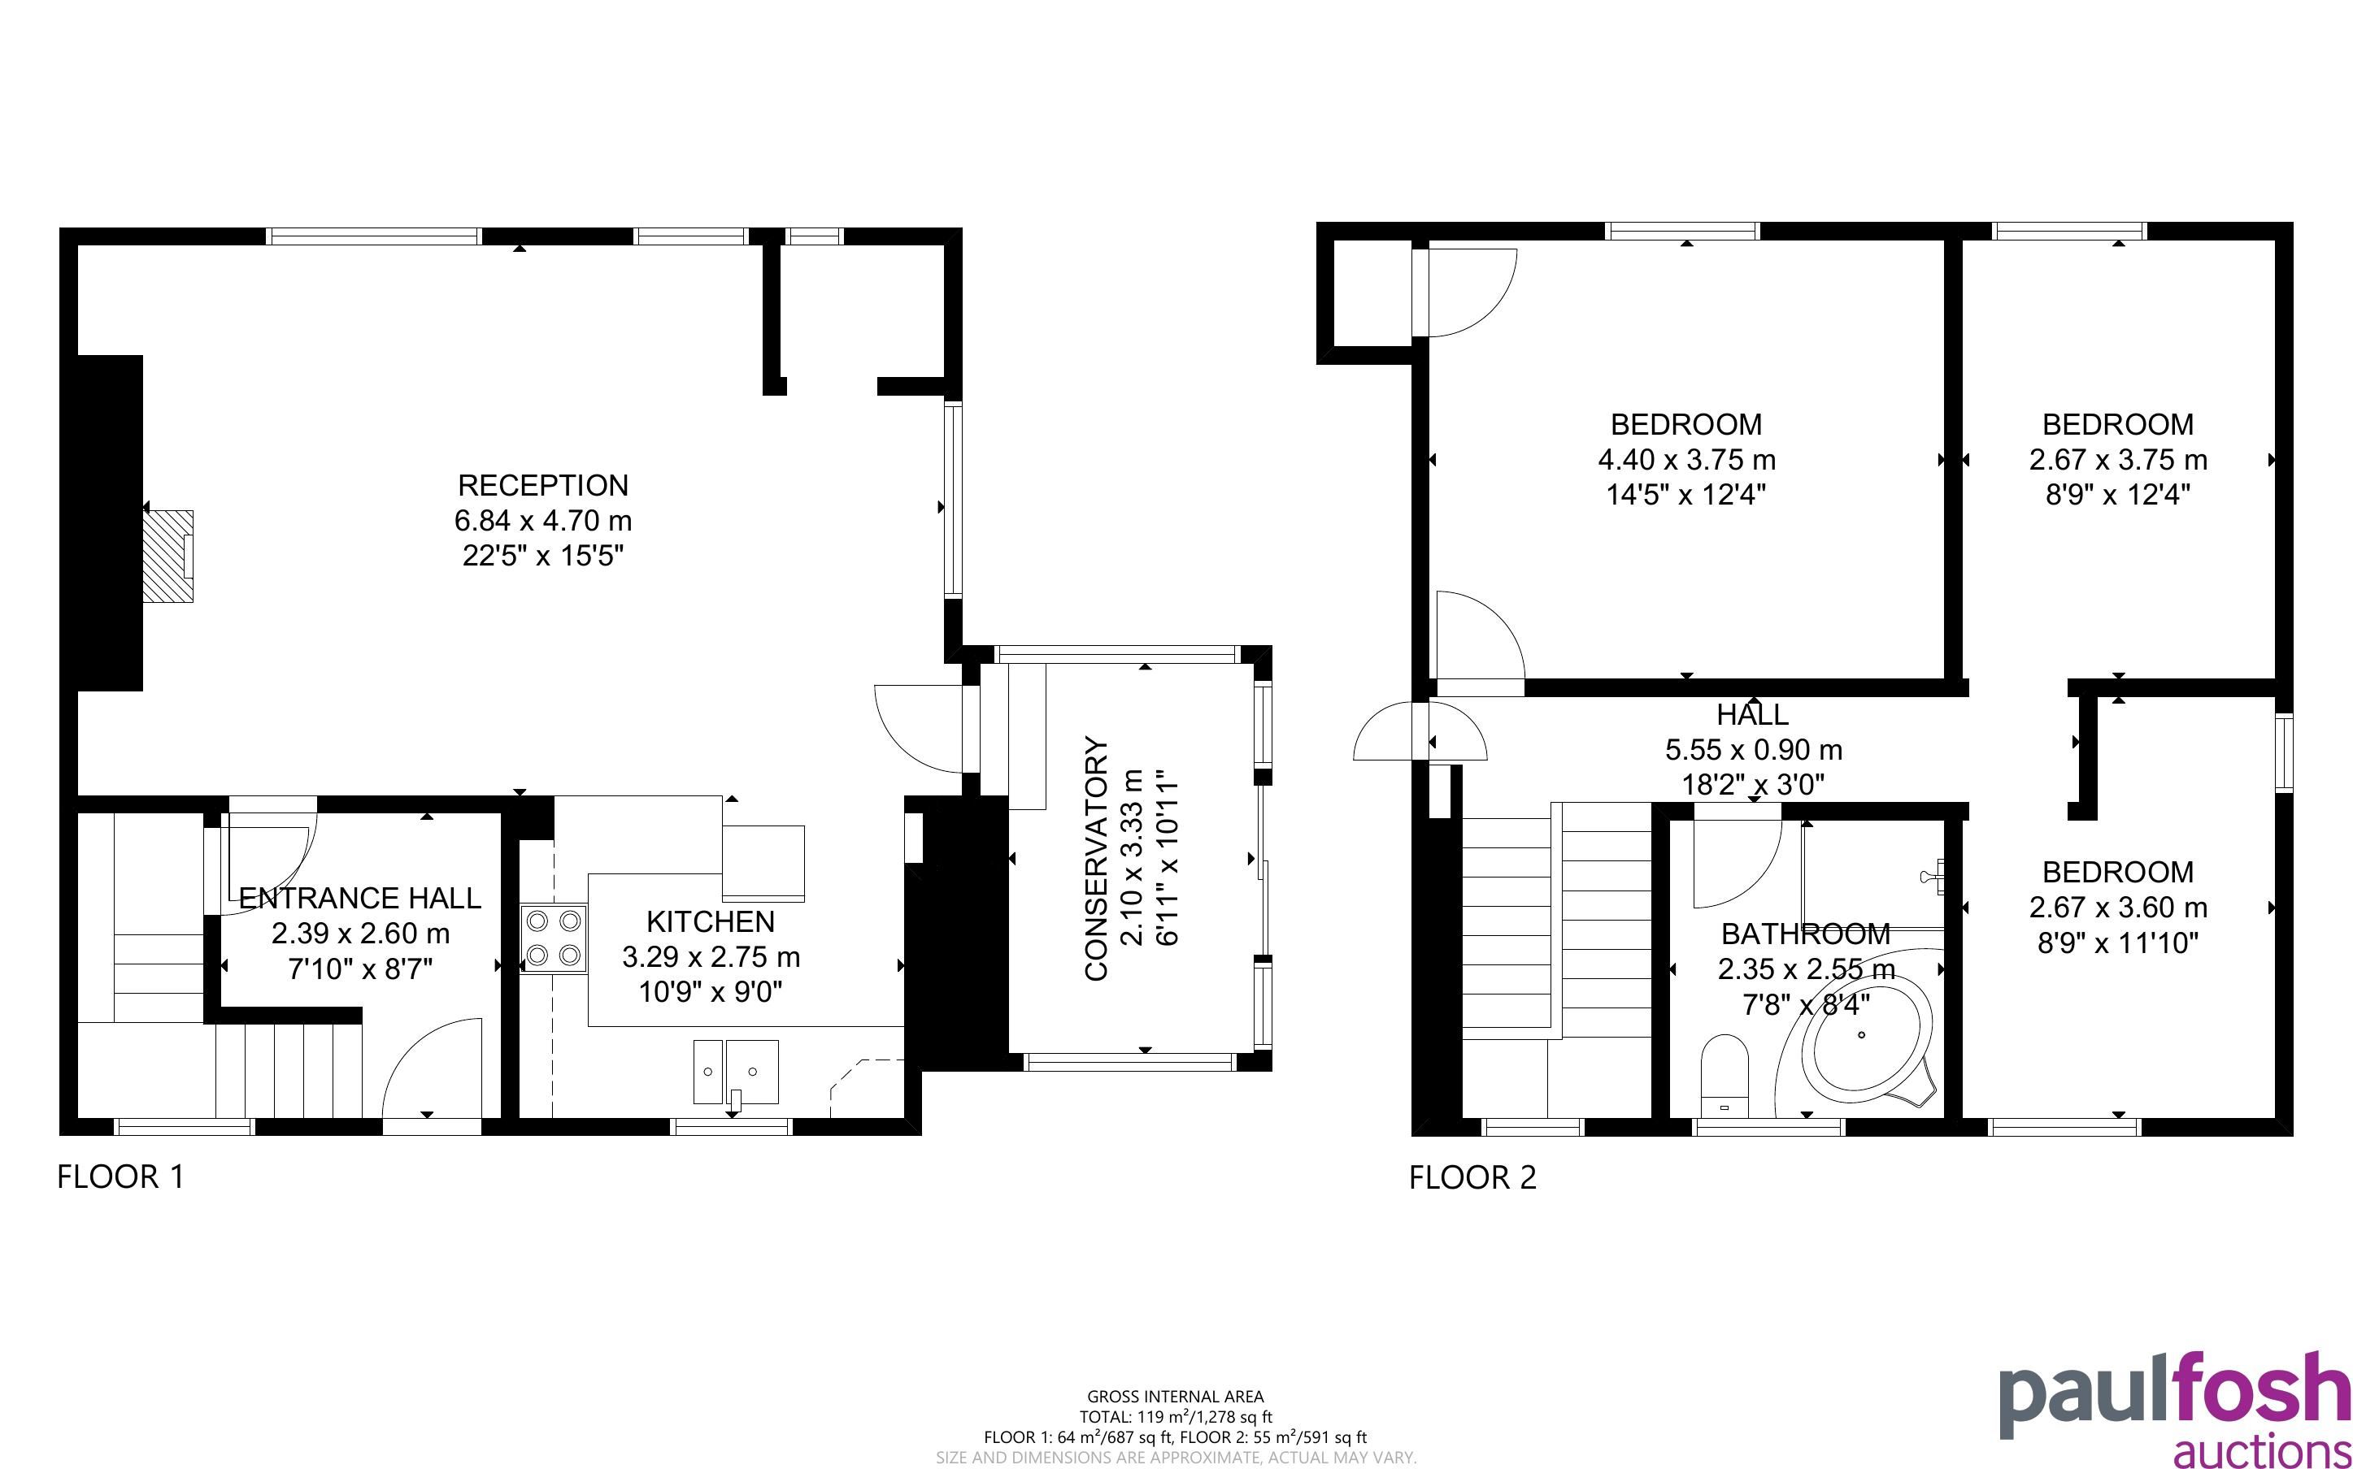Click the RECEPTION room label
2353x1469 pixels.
pos(543,485)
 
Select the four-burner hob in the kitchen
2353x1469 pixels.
pos(554,938)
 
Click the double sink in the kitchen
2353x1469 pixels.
pos(736,1072)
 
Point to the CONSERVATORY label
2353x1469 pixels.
pos(1096,859)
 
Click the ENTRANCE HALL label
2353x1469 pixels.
pos(360,898)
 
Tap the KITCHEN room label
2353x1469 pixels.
pos(711,921)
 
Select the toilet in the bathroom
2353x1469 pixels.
pos(1725,1077)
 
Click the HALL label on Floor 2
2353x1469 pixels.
pos(1752,715)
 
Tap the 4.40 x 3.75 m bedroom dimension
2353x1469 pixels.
pos(1686,460)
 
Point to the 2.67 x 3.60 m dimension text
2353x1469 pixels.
pos(2118,908)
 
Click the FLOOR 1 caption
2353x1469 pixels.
pos(120,1177)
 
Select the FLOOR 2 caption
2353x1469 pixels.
pos(1472,1177)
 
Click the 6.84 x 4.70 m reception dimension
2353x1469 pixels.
pos(543,521)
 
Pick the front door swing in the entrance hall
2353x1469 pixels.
pos(433,1068)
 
